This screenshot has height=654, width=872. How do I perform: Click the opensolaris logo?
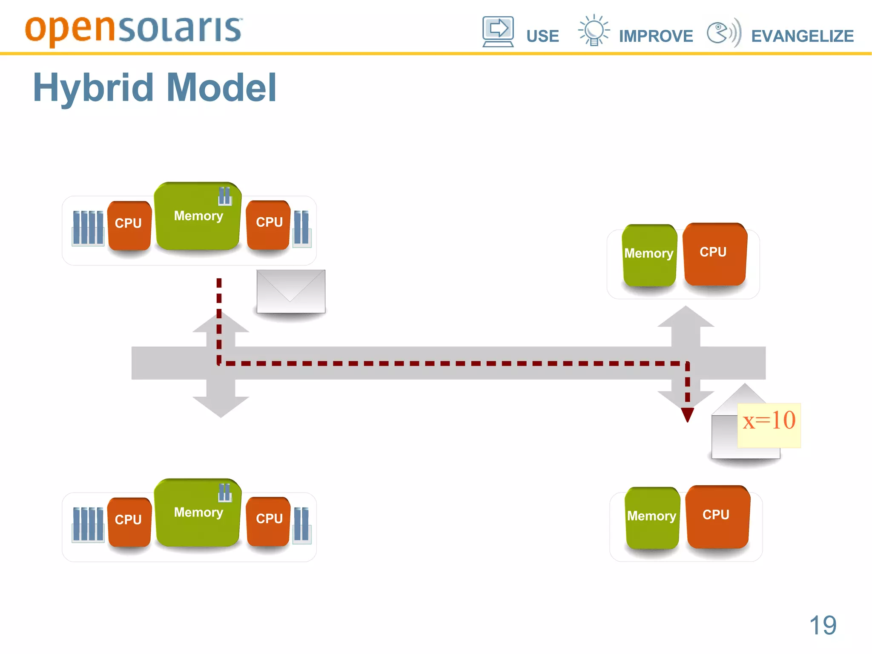click(x=133, y=30)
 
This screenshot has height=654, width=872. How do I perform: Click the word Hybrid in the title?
click(x=93, y=88)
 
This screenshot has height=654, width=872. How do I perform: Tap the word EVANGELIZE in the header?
click(x=802, y=36)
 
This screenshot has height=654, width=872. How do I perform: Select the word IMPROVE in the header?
click(x=656, y=36)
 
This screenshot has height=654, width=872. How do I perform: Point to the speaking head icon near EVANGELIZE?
click(x=723, y=32)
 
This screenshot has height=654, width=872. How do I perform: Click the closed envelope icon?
click(x=291, y=291)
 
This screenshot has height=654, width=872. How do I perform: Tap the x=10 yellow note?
click(x=769, y=425)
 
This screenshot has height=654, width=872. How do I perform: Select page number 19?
click(x=823, y=625)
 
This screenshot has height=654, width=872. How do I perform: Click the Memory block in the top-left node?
click(x=198, y=216)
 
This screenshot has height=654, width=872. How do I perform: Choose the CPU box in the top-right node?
click(x=714, y=254)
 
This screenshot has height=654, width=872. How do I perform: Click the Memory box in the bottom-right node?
click(x=652, y=517)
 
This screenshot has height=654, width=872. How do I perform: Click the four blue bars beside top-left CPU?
click(x=88, y=228)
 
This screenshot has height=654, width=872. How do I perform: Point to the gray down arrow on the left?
click(x=221, y=400)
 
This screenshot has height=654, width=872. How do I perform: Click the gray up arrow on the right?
click(x=686, y=324)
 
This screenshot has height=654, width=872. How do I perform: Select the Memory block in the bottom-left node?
click(x=198, y=513)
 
